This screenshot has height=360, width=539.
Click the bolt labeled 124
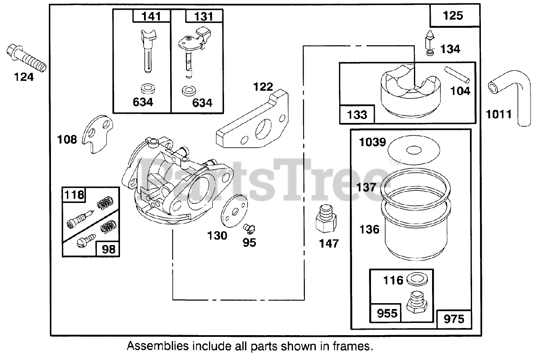click(26, 59)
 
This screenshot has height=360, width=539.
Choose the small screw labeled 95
click(250, 229)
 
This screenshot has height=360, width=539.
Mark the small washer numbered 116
click(418, 280)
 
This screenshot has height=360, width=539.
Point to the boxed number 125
click(453, 16)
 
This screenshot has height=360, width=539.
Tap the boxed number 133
click(357, 115)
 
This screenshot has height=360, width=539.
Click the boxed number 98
click(108, 249)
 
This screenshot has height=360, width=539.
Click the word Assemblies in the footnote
click(158, 347)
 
